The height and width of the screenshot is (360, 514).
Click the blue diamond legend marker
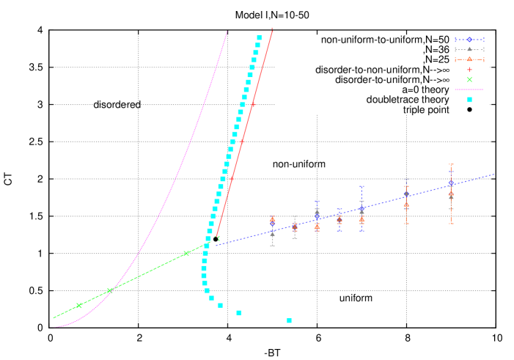click(469, 40)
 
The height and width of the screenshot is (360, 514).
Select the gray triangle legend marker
click(469, 49)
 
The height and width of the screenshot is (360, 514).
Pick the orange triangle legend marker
click(469, 59)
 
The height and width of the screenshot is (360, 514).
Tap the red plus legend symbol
click(469, 70)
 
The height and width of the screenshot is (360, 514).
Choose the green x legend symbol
click(469, 80)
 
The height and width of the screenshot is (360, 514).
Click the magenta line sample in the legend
click(469, 89)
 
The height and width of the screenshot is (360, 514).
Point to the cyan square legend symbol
click(469, 100)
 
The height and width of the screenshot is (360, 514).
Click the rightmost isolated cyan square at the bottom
click(289, 320)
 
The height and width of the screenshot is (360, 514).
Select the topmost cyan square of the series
click(260, 37)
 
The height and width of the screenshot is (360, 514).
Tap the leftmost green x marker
click(79, 306)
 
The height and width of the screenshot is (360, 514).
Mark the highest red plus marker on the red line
click(253, 105)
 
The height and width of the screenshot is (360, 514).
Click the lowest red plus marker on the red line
click(217, 237)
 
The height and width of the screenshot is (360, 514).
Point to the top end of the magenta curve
click(227, 32)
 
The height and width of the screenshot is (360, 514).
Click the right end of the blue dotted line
click(493, 175)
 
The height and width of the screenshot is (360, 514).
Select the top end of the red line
click(272, 29)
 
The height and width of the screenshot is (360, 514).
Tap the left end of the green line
click(54, 317)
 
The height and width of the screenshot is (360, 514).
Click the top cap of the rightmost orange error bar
click(451, 165)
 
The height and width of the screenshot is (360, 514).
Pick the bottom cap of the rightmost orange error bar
click(451, 223)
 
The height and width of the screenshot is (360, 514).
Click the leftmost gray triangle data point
click(272, 234)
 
